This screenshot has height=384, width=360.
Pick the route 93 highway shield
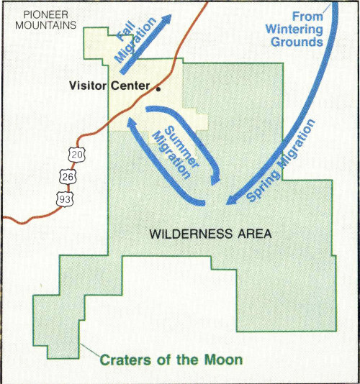click(x=66, y=198)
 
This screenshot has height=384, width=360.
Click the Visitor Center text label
click(x=109, y=87)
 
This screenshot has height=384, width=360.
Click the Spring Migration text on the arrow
click(x=282, y=163)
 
